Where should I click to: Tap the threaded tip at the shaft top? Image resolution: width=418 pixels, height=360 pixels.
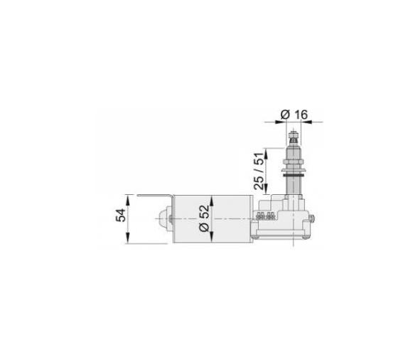293,133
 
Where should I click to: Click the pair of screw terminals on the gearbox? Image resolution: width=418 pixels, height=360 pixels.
265,215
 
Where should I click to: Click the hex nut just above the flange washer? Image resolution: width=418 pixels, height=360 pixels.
293,163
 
